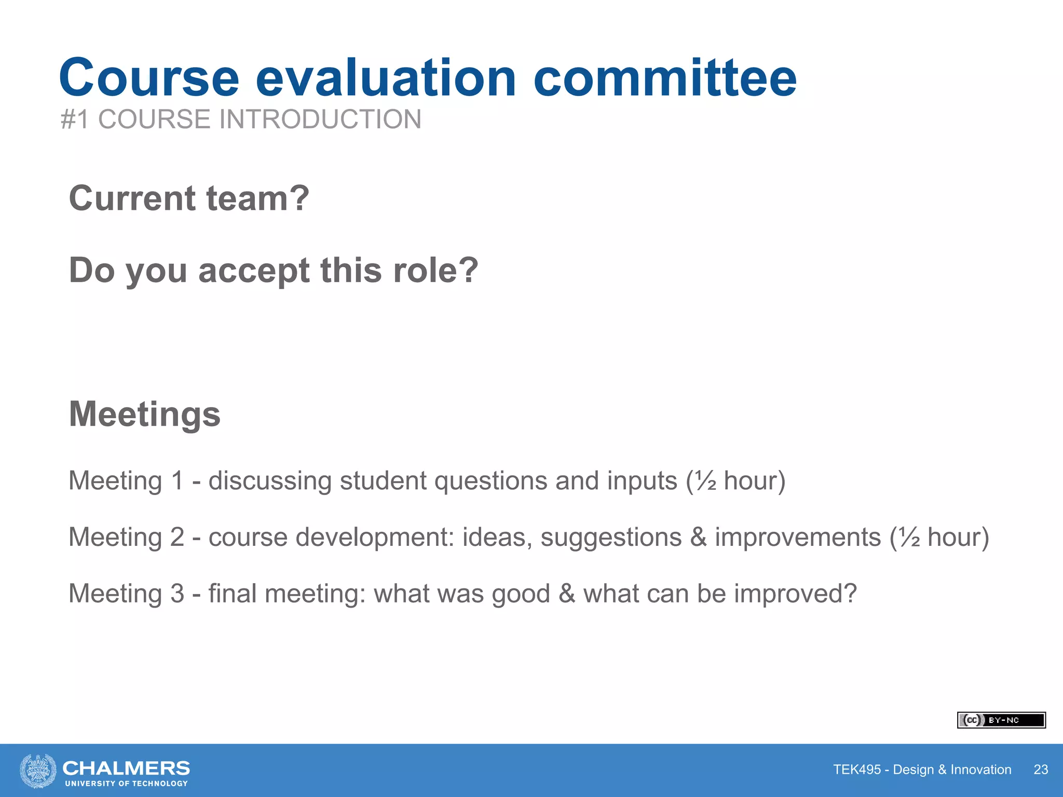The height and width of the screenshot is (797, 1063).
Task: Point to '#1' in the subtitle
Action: [75, 119]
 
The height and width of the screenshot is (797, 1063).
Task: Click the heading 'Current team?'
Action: [189, 198]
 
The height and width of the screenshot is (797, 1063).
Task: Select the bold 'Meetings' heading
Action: [145, 414]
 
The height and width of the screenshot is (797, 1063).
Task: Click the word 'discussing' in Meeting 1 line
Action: [270, 481]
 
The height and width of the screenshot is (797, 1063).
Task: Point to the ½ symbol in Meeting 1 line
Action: [706, 481]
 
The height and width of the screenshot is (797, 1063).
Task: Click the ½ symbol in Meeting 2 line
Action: [910, 537]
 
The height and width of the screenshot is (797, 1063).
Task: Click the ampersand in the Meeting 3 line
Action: [567, 594]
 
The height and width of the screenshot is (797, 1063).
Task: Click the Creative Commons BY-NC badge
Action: [1001, 720]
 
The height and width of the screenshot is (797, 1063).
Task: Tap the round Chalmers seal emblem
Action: [38, 771]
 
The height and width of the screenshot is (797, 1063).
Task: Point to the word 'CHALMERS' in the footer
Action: [126, 767]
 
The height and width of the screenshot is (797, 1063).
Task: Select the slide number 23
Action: [1041, 769]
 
